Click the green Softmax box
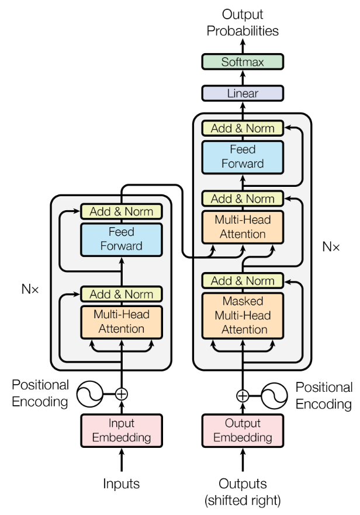(x=242, y=61)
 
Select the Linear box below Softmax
(x=242, y=93)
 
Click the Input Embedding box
(x=121, y=430)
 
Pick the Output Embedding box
(x=242, y=430)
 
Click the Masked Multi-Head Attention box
(x=242, y=315)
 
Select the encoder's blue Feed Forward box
(x=121, y=239)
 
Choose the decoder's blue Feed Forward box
(x=242, y=156)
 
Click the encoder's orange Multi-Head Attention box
(x=121, y=321)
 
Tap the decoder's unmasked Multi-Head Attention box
(x=242, y=227)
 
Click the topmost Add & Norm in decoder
(x=242, y=128)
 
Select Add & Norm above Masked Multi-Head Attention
(x=242, y=281)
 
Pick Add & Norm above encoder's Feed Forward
(x=121, y=211)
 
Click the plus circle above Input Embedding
(x=121, y=394)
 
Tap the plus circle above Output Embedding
(x=242, y=396)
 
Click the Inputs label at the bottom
(x=121, y=483)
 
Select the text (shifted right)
(x=242, y=500)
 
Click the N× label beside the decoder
(x=331, y=246)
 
